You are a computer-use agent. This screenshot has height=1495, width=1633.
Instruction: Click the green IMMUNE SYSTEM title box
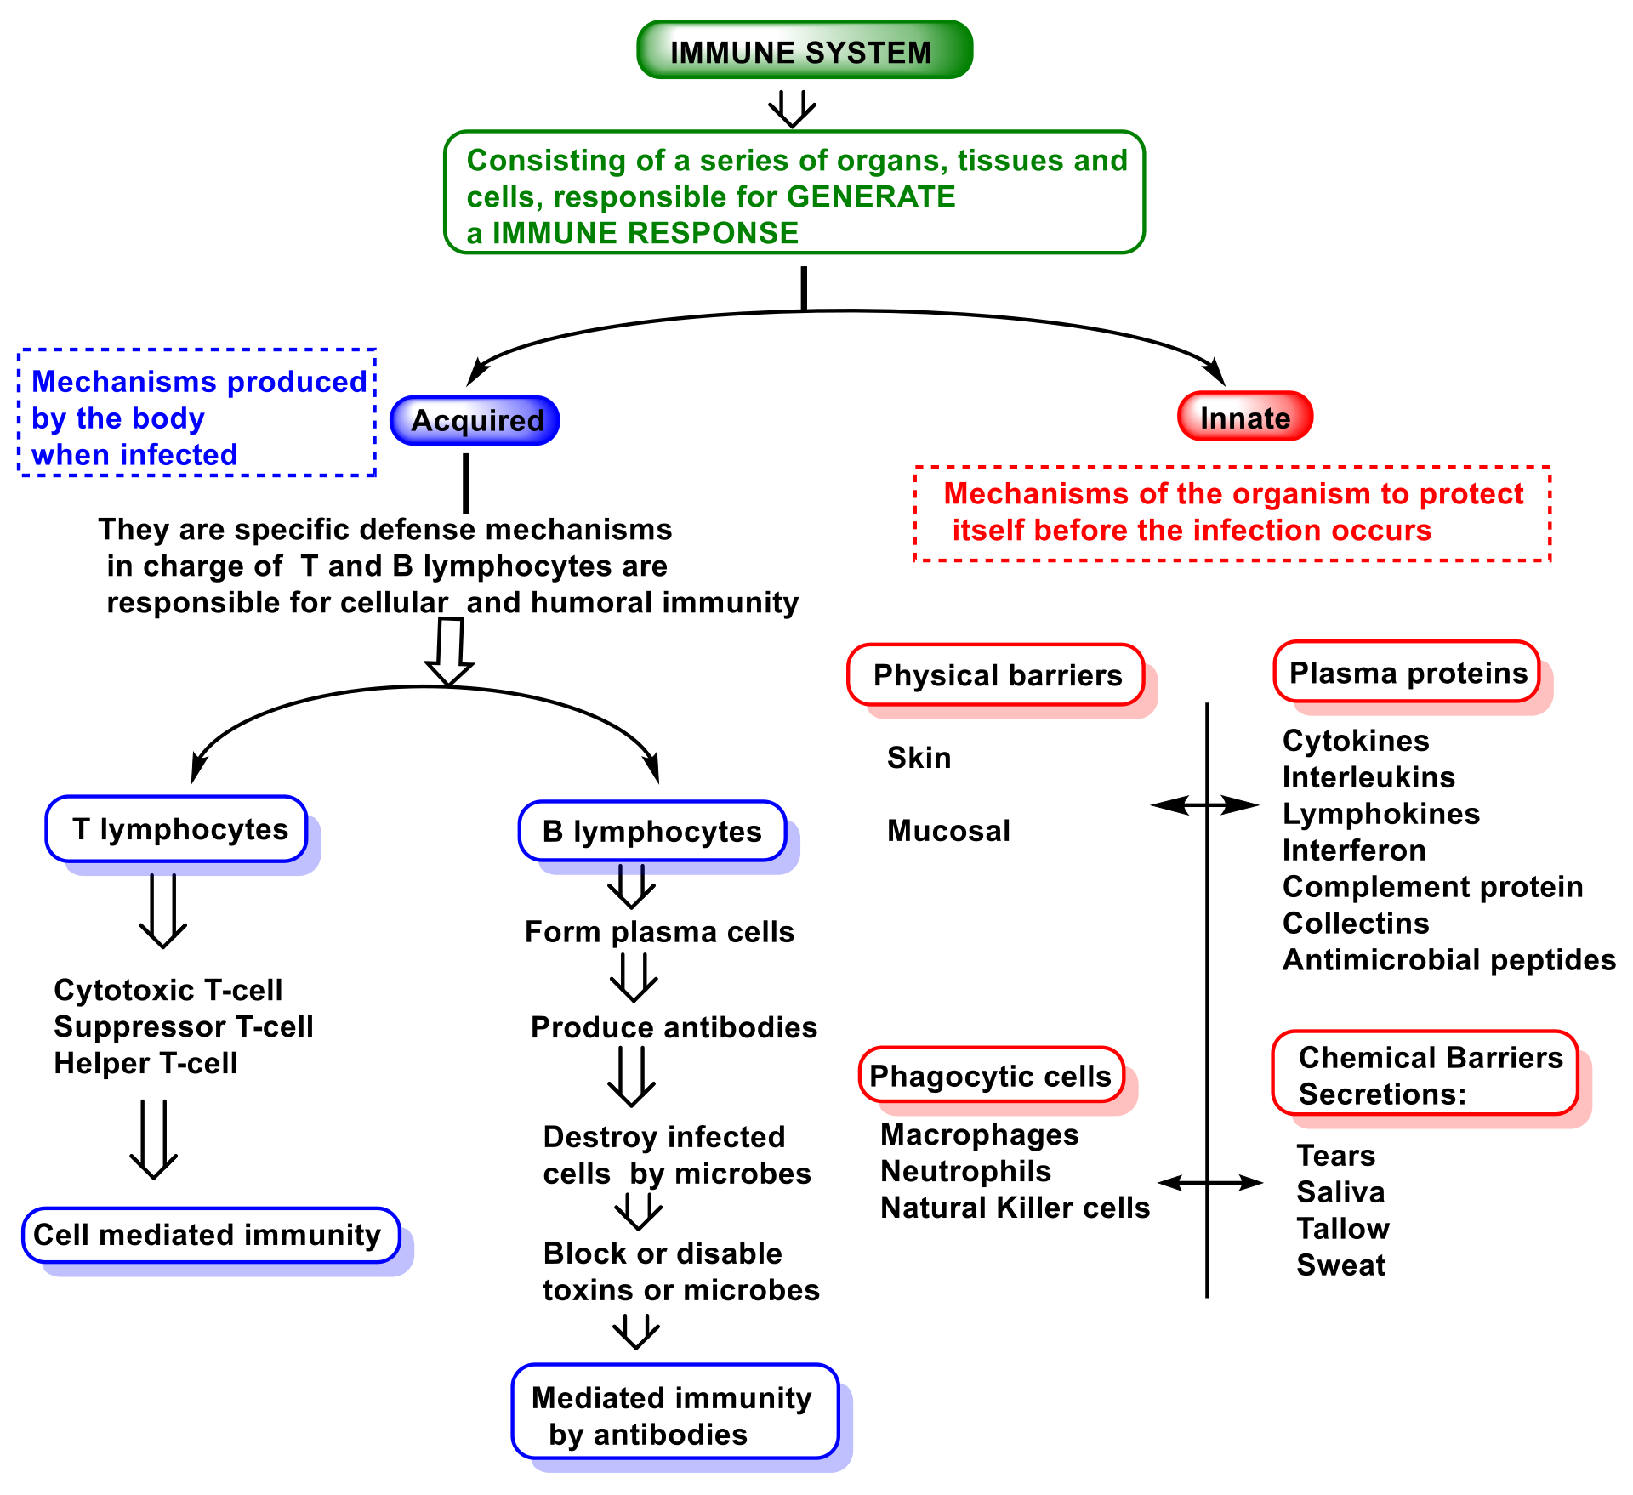(x=804, y=51)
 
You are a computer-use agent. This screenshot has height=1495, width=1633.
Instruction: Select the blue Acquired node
(x=475, y=420)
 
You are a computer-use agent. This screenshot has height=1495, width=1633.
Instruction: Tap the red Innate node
(x=1244, y=417)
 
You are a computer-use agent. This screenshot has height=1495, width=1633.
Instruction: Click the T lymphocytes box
(x=177, y=829)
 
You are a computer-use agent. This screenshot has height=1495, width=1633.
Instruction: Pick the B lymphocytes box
(x=651, y=831)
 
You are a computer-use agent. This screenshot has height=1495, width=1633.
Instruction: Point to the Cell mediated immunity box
(x=211, y=1235)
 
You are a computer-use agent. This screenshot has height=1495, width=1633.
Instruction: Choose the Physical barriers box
(x=996, y=675)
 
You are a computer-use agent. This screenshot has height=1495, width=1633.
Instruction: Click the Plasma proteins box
(x=1408, y=673)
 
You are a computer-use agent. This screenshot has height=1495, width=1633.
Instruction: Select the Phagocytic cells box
(x=991, y=1076)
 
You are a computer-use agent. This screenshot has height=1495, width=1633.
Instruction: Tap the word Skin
(x=919, y=758)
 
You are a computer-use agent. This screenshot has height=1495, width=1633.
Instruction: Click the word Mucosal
(x=948, y=831)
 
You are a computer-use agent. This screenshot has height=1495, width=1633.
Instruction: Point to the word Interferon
(x=1354, y=850)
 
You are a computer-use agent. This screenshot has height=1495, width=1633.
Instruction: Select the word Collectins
(x=1356, y=924)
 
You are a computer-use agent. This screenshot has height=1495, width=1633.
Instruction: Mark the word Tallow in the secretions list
(x=1343, y=1229)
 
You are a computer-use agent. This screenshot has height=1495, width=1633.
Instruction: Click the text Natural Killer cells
(x=1015, y=1208)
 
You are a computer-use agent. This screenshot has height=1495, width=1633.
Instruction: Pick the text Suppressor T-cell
(x=184, y=1026)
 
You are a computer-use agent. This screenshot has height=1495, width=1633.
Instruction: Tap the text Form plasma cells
(x=659, y=932)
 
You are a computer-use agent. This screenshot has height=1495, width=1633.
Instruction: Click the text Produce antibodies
(x=674, y=1027)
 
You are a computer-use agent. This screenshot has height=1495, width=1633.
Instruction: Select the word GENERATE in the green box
(x=871, y=196)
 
